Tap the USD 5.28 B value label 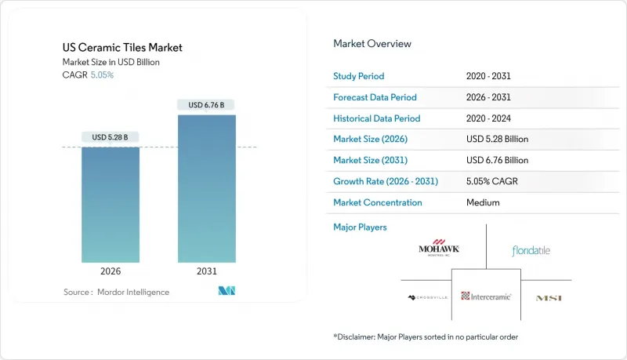point(111,137)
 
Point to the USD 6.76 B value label point(206,105)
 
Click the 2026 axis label point(111,271)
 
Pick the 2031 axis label point(206,271)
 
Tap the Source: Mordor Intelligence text point(116,292)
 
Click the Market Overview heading point(371,43)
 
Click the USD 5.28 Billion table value point(497,139)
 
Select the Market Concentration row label point(378,202)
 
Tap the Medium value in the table point(482,202)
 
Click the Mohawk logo point(439,250)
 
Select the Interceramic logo point(486,296)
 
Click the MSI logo point(549,298)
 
